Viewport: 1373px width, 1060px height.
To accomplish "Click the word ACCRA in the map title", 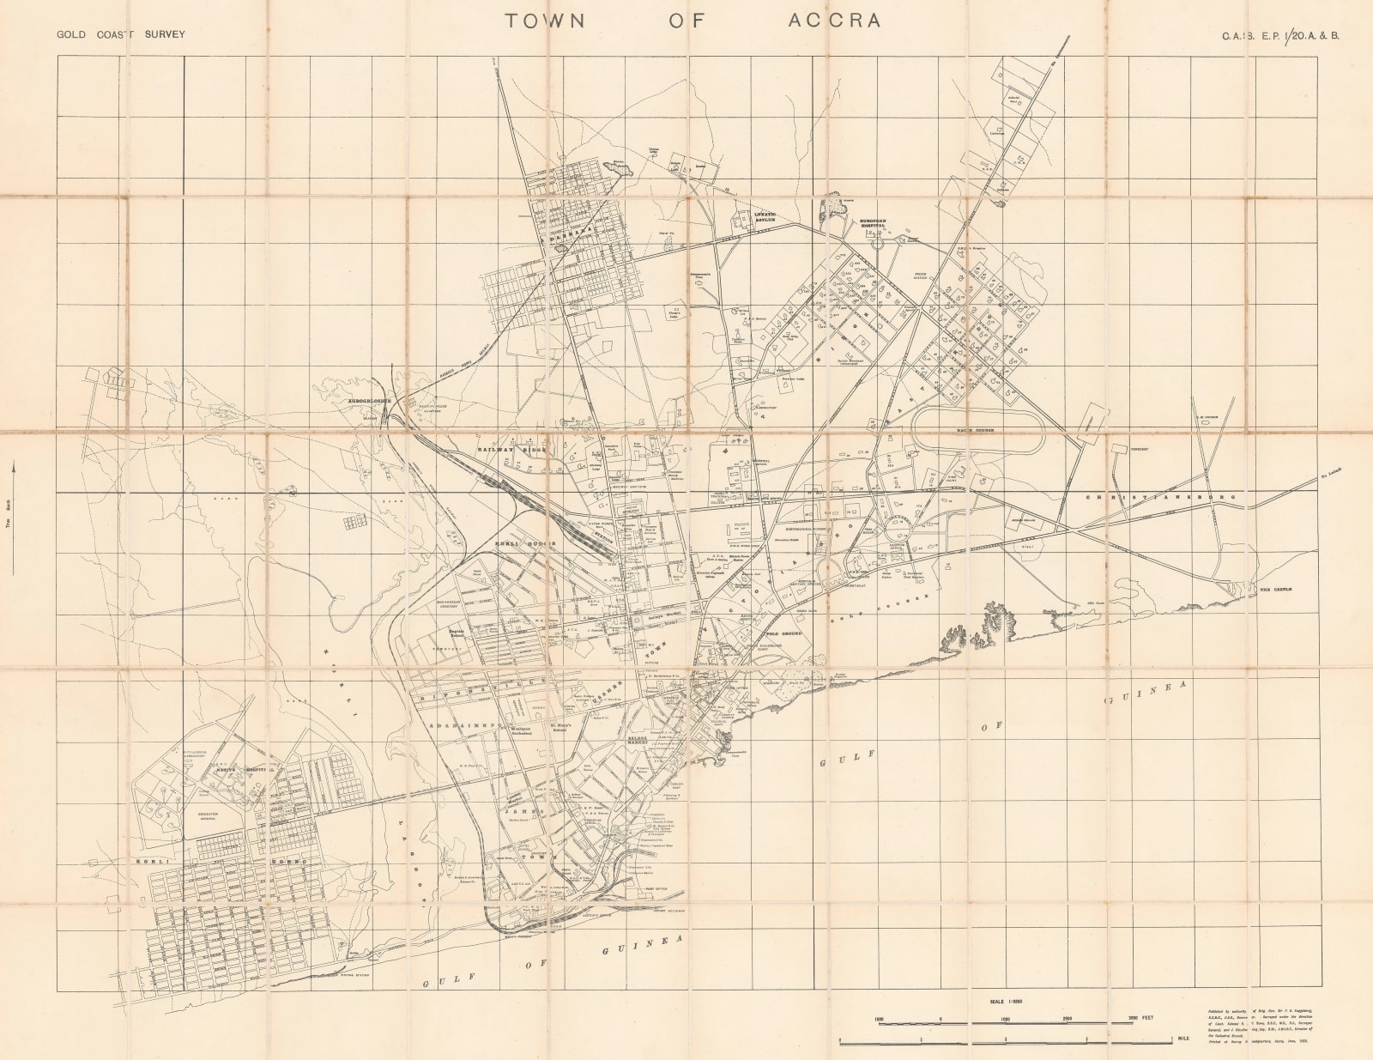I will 834,21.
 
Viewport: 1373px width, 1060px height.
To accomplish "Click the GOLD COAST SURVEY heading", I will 120,36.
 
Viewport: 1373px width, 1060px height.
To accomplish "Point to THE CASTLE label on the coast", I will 1275,590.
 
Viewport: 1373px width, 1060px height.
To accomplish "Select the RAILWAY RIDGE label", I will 511,449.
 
